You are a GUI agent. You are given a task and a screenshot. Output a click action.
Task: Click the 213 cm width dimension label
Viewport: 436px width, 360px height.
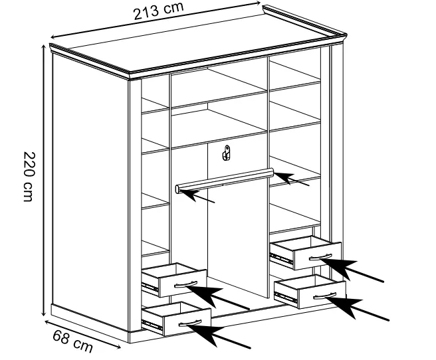click(158, 11)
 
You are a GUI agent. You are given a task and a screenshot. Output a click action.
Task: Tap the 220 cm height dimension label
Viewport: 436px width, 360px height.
click(29, 177)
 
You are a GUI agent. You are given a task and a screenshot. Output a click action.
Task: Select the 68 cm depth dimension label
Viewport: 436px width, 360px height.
click(73, 341)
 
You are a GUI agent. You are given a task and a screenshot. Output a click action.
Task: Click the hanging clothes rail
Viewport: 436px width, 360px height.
click(225, 180)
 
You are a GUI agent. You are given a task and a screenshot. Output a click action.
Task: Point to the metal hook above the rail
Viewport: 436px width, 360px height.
click(227, 153)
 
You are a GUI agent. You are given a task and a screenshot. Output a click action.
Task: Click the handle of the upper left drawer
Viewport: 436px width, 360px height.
click(185, 284)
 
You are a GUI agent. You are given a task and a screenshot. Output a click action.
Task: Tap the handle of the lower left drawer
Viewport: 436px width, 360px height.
click(190, 323)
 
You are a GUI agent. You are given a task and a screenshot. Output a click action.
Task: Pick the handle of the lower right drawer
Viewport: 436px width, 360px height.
click(325, 296)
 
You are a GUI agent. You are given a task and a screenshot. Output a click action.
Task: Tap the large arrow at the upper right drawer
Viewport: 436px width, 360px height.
click(352, 270)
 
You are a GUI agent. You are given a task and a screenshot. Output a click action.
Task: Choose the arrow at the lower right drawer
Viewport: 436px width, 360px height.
click(357, 309)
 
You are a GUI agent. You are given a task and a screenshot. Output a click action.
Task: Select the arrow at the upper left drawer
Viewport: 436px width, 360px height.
click(217, 297)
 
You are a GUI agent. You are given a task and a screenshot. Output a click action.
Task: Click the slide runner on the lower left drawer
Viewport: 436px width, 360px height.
click(152, 324)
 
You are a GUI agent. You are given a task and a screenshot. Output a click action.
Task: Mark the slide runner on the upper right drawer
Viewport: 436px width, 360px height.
click(281, 258)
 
